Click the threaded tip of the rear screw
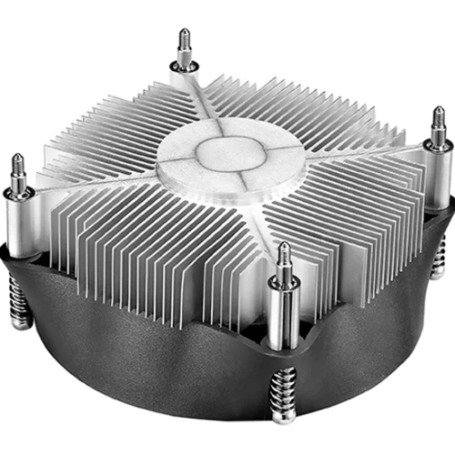(185, 41)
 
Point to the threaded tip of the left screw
(18, 166)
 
